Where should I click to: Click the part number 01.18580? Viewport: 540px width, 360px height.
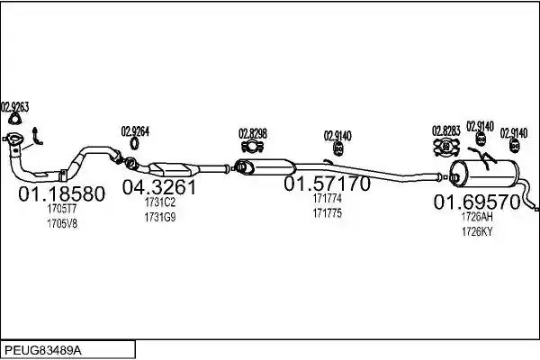(x=61, y=194)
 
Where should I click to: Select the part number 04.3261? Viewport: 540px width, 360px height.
(x=159, y=187)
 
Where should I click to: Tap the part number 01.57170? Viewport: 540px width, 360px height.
(x=327, y=184)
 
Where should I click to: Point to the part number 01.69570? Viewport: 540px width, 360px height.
(x=477, y=202)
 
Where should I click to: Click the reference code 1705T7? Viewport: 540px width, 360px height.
(x=62, y=209)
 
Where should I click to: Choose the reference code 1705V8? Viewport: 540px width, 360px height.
(x=62, y=224)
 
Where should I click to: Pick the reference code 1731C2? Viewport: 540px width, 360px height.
(x=160, y=202)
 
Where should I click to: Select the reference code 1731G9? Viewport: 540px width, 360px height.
(x=160, y=218)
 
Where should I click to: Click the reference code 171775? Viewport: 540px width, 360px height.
(x=328, y=213)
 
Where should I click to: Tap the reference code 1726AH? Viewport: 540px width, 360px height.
(x=477, y=217)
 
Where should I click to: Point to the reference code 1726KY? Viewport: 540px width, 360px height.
(x=477, y=232)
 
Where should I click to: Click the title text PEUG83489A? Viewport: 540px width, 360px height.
(x=43, y=351)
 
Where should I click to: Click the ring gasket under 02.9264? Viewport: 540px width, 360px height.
(x=134, y=143)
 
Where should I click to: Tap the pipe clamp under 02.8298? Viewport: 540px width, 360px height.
(x=252, y=147)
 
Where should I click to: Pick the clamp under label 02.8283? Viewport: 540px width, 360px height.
(x=446, y=147)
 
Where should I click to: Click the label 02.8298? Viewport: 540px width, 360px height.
(x=253, y=134)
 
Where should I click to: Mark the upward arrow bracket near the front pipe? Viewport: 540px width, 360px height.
(x=36, y=137)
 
